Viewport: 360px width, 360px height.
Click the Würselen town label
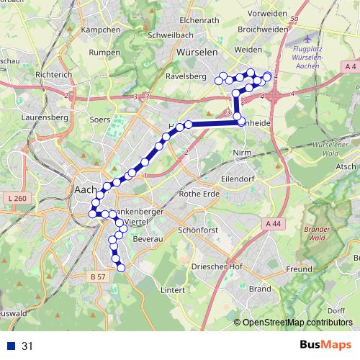point(194,53)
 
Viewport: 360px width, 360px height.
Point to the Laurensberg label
point(44,115)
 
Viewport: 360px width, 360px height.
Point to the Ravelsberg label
point(186,76)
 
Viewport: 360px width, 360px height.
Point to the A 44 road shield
point(273,225)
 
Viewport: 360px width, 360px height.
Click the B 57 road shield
point(98,276)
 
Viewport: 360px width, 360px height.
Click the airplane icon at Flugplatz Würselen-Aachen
point(309,37)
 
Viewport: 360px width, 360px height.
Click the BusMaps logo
point(325,346)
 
